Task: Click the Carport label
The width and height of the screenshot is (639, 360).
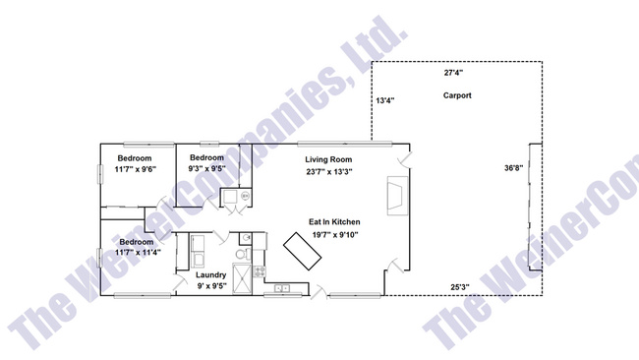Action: click(x=457, y=95)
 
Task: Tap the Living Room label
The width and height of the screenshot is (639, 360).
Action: click(x=328, y=159)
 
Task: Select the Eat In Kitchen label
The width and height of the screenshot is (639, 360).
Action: click(x=335, y=222)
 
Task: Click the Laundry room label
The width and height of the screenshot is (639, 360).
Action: click(x=211, y=275)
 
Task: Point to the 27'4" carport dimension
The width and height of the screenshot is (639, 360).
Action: click(x=453, y=73)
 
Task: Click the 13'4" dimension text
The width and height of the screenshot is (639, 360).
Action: click(x=384, y=100)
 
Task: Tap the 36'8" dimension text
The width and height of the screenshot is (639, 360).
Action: click(x=514, y=168)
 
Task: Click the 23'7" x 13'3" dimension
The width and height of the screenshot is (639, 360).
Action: click(x=328, y=171)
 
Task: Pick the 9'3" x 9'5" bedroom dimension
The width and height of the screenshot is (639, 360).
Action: click(x=207, y=169)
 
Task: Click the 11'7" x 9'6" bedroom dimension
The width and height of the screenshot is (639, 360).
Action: click(x=135, y=169)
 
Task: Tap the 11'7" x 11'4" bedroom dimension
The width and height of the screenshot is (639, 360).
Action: click(x=136, y=253)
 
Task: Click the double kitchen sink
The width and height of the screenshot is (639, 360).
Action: click(x=282, y=289)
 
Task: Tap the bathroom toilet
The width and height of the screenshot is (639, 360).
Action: click(x=247, y=238)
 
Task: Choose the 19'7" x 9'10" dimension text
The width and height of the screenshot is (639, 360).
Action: click(x=335, y=234)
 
